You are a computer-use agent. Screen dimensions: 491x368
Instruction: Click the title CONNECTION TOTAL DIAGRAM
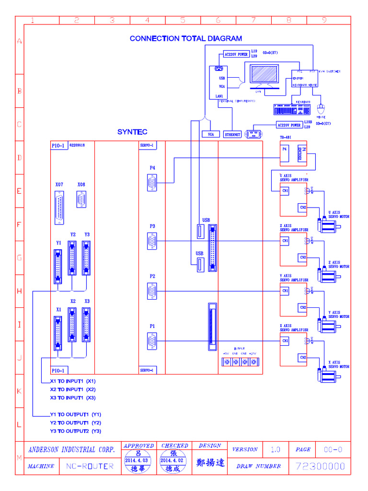(x=185, y=38)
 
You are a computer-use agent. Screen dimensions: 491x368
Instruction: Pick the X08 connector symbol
(x=81, y=199)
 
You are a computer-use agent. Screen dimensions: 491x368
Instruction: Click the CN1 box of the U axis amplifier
(x=285, y=191)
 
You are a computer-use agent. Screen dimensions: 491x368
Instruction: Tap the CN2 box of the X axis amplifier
(x=302, y=357)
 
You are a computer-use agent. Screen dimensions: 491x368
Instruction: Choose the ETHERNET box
(x=232, y=135)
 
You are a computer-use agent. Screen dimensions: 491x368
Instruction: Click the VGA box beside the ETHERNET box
(x=211, y=135)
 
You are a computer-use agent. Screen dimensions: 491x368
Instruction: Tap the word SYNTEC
(x=132, y=132)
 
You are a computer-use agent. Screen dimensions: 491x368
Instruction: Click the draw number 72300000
(x=321, y=466)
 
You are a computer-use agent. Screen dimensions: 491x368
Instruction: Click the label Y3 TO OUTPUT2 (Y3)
(x=76, y=431)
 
